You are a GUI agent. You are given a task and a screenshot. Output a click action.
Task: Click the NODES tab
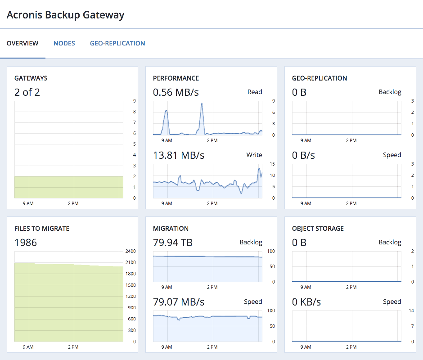64,43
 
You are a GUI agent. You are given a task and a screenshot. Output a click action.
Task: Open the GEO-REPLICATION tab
117,43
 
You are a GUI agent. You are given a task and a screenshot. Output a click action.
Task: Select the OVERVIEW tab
22,43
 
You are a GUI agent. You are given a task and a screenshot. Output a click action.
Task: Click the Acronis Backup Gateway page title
66,15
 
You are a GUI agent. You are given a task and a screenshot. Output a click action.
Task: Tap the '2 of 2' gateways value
27,92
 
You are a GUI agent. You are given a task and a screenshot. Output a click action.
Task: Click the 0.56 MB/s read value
176,92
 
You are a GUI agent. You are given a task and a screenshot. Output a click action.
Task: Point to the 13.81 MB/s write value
179,155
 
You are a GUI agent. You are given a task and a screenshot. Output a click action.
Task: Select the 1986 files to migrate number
26,243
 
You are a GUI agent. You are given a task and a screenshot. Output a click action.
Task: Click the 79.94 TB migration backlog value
173,243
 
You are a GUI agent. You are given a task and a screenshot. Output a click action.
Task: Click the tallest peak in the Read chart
202,104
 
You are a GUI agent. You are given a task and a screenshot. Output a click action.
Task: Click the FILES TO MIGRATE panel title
42,229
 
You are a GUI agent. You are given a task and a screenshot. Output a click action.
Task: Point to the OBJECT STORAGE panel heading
318,229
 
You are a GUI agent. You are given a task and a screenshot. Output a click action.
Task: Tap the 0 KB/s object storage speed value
306,301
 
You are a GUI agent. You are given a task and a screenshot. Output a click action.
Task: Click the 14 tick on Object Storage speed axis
411,310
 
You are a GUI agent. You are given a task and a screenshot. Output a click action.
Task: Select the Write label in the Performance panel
254,155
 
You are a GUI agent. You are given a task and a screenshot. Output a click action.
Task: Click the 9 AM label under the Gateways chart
28,203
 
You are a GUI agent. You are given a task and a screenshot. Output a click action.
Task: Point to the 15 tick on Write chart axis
273,164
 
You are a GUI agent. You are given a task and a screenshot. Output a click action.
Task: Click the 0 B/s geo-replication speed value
303,155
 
